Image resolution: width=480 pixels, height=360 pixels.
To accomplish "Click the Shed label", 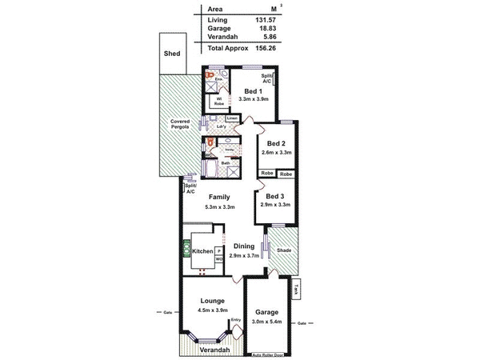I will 172,54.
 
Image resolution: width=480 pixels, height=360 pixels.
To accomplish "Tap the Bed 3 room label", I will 274,196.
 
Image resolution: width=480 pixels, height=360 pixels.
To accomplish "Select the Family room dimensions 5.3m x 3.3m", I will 219,207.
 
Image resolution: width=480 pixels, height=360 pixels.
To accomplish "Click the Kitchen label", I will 203,251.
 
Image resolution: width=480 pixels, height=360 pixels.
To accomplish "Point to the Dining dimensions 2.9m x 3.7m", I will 243,255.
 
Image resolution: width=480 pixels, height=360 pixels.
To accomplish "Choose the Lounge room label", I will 212,302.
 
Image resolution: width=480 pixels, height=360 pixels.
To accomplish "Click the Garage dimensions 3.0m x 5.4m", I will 267,322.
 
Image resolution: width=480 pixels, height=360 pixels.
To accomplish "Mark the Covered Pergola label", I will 179,125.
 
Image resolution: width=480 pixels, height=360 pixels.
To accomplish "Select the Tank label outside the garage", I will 295,290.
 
